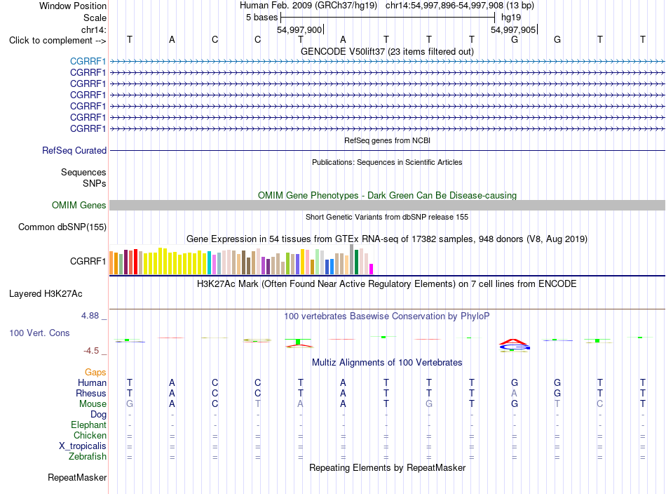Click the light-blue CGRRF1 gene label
88,62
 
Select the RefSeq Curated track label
74,150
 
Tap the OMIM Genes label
79,206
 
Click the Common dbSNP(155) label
62,227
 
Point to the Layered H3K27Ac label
46,294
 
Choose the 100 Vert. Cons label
39,333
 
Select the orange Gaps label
95,373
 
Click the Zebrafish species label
88,457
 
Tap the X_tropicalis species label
83,446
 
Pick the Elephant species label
89,425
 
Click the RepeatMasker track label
77,477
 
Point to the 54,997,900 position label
299,29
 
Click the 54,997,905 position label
513,29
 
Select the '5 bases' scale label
261,18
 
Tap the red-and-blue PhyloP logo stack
515,345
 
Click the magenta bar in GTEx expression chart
372,269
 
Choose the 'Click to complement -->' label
57,41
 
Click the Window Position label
73,6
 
